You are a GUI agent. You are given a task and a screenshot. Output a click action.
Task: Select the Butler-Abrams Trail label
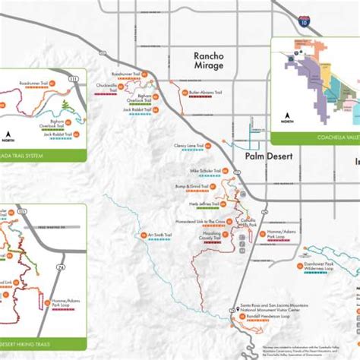pyautogui.click(x=206, y=92)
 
